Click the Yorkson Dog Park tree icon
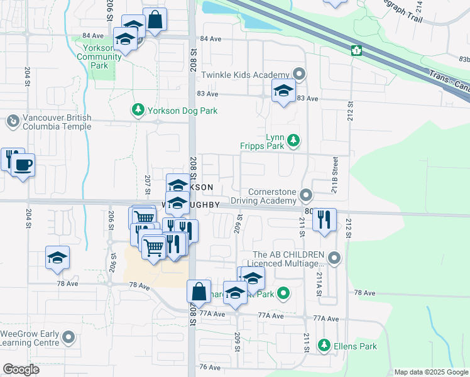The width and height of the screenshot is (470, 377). click(138, 111)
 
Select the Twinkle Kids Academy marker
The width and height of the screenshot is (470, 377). click(299, 75)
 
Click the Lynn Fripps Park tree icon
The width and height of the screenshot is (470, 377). click(293, 141)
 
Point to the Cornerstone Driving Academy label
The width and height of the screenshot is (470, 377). click(271, 196)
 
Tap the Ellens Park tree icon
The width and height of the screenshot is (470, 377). click(324, 346)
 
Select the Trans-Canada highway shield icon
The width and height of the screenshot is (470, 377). click(357, 50)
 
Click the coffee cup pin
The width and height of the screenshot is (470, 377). click(23, 165)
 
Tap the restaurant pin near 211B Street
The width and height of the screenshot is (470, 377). click(324, 219)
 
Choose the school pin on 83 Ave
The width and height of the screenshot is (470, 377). click(283, 91)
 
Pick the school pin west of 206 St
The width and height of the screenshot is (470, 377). click(57, 258)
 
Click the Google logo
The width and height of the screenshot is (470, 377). click(21, 369)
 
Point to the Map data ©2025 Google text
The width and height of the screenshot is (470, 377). click(430, 372)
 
